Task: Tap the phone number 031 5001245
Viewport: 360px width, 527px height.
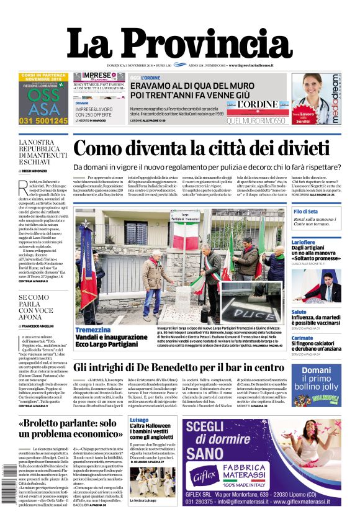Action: coord(43,121)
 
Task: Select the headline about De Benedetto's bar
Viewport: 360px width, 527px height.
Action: coord(179,367)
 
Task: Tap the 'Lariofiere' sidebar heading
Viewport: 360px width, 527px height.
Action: coord(304,242)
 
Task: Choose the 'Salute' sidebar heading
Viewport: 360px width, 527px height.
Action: coord(299,312)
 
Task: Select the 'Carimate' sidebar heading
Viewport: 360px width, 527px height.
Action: coord(302,338)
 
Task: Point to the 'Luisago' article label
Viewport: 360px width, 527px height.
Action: coord(139,420)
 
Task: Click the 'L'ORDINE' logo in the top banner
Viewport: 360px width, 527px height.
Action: coord(245,105)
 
